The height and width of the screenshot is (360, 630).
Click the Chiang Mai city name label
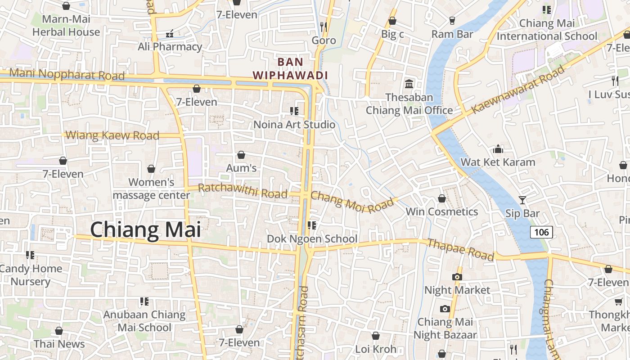145,229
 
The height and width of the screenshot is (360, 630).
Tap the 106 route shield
541,232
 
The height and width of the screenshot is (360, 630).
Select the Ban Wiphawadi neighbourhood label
290,68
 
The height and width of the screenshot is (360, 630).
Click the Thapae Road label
460,250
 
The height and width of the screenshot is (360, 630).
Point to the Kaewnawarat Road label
517,90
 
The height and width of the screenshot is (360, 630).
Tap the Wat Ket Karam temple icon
498,149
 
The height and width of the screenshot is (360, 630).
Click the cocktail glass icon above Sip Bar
522,200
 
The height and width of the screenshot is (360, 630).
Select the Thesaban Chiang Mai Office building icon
409,84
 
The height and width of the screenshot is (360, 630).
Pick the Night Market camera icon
457,277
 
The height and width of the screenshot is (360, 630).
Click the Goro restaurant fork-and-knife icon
323,27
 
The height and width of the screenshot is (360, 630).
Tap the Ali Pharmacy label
170,47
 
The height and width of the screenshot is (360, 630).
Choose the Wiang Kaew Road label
112,135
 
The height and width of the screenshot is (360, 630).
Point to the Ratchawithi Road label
243,191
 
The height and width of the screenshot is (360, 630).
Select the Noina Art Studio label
294,125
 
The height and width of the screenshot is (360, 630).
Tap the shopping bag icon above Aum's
241,155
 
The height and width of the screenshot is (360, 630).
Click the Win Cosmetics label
441,211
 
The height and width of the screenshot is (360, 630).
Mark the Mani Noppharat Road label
67,74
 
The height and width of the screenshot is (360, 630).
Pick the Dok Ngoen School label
312,238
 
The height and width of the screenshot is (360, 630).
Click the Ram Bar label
452,34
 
